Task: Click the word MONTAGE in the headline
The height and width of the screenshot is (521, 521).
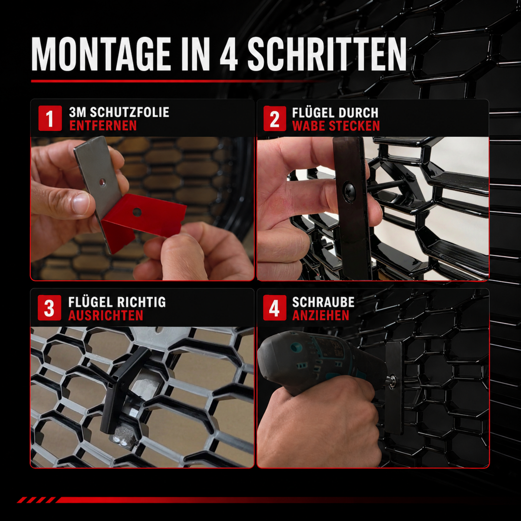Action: pyautogui.click(x=101, y=54)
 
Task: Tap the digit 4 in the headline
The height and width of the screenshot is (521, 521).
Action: pyautogui.click(x=229, y=54)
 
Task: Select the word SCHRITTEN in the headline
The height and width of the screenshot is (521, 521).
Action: pyautogui.click(x=327, y=54)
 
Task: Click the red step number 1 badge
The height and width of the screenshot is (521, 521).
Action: pyautogui.click(x=50, y=118)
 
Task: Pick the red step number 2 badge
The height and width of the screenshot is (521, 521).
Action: pyautogui.click(x=274, y=119)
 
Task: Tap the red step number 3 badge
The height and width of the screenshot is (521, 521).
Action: pyautogui.click(x=49, y=308)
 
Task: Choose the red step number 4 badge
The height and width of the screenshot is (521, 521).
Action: pyautogui.click(x=274, y=308)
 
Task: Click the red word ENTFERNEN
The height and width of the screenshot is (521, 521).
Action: pyautogui.click(x=103, y=126)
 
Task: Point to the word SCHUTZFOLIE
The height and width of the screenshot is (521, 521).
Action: pyautogui.click(x=129, y=112)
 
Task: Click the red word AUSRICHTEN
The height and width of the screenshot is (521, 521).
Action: pyautogui.click(x=106, y=315)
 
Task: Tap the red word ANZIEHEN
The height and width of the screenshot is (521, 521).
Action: pyautogui.click(x=321, y=315)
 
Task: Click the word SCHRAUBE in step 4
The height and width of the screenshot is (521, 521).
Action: pyautogui.click(x=323, y=302)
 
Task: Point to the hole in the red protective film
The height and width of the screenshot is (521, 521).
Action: pyautogui.click(x=137, y=212)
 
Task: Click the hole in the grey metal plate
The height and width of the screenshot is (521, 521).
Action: pyautogui.click(x=102, y=182)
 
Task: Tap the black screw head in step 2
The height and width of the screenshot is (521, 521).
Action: pyautogui.click(x=350, y=190)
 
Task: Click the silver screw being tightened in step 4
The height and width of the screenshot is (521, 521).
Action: pyautogui.click(x=393, y=379)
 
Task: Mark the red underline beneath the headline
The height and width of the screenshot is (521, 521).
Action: pyautogui.click(x=176, y=81)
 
